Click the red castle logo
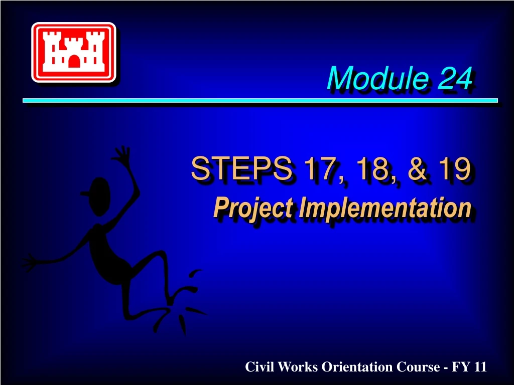click(x=74, y=52)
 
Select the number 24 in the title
click(x=454, y=79)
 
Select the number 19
click(x=453, y=169)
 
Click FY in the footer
click(x=461, y=367)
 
